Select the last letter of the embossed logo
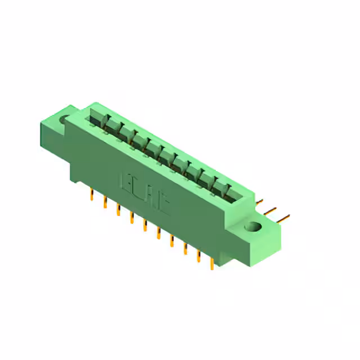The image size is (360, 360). pyautogui.click(x=163, y=204)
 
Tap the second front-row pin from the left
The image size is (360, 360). pyautogui.click(x=105, y=202)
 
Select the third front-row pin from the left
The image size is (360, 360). pyautogui.click(x=118, y=210)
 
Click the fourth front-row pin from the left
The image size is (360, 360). pyautogui.click(x=132, y=218)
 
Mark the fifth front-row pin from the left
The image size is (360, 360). pyautogui.click(x=145, y=226)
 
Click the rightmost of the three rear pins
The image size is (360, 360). pyautogui.click(x=285, y=217)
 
